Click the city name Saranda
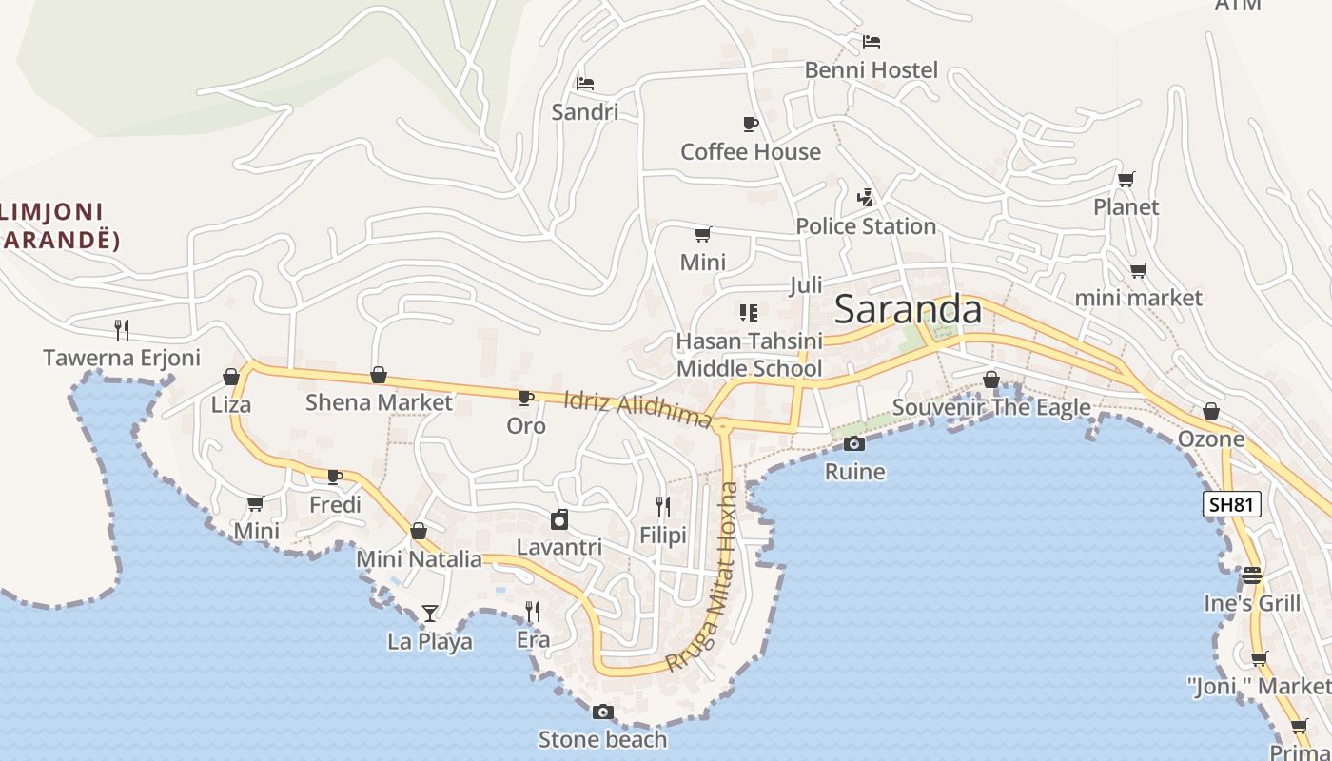908,310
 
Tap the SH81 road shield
1232,504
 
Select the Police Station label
866,226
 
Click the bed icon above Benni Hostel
871,42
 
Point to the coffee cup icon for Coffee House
750,124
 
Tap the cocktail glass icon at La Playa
430,613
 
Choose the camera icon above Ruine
854,443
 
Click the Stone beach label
602,739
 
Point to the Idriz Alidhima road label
637,409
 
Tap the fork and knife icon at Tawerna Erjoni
122,330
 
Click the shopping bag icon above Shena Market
379,375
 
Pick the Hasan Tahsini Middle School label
749,355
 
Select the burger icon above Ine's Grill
1251,576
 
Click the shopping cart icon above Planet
1126,179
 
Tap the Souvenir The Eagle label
991,408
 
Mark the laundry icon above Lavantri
559,519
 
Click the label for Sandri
585,112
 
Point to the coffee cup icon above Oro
526,398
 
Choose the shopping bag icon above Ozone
1211,411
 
